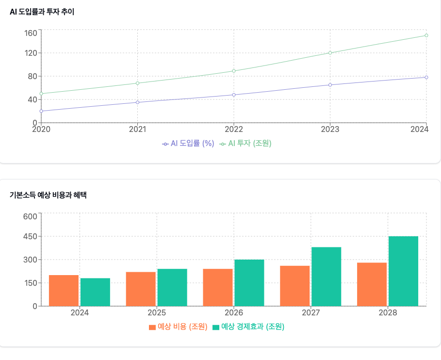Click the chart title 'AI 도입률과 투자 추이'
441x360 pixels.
42,12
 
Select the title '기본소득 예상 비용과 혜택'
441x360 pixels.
48,195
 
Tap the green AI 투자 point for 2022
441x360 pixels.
234,71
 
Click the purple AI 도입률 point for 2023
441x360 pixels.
330,85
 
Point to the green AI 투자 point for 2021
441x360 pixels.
138,83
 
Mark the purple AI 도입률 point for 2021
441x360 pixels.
138,102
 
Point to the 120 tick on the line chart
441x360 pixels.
31,53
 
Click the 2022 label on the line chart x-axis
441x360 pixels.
234,129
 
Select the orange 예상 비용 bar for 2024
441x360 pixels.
64,291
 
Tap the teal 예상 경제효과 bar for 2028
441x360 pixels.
403,271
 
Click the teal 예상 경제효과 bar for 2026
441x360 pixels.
249,283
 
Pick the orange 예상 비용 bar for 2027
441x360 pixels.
294,286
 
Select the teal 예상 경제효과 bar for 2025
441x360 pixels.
172,287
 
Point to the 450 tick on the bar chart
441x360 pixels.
31,236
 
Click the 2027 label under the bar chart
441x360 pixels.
310,313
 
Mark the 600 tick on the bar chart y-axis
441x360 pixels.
31,216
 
